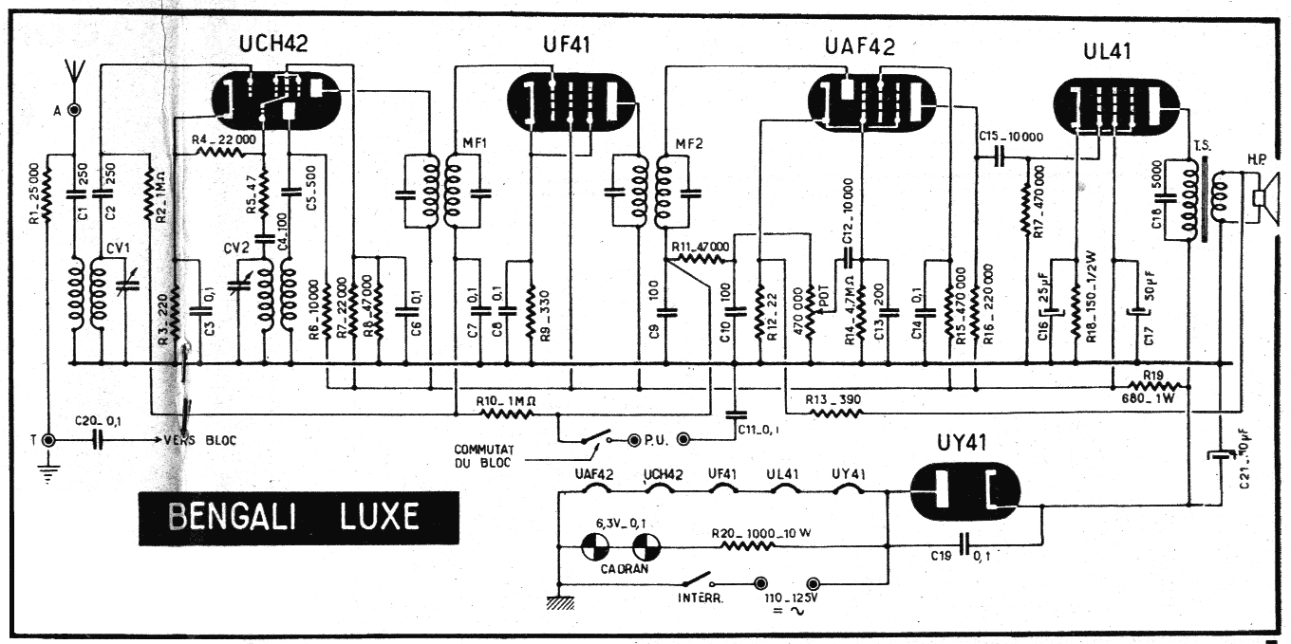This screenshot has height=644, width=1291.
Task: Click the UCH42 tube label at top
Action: (x=273, y=43)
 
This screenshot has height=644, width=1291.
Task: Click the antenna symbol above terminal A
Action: (x=73, y=72)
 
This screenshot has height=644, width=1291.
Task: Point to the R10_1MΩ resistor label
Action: (x=509, y=400)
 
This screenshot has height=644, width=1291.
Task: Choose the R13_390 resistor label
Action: (x=833, y=399)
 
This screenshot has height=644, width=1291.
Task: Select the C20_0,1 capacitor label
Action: (x=95, y=421)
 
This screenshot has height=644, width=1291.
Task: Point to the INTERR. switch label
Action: (x=699, y=600)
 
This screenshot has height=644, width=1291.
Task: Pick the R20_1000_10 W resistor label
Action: (x=761, y=533)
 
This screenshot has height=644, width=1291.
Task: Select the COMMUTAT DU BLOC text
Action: (x=485, y=456)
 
